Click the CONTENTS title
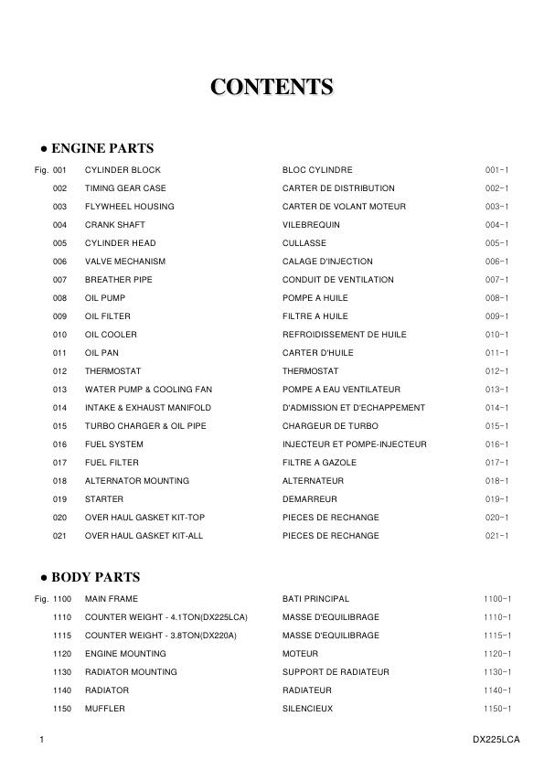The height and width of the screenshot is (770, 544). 272,87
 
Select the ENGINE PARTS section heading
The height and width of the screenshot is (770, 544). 97,148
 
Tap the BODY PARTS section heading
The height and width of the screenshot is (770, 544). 91,577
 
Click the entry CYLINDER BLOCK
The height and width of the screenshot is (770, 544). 123,170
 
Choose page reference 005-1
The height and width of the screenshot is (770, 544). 496,243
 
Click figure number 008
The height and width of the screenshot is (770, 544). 60,298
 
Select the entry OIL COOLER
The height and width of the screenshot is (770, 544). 111,335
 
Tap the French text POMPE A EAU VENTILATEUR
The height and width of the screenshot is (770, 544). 341,390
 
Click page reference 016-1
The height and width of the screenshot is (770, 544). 496,444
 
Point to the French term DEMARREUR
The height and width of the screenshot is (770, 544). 310,499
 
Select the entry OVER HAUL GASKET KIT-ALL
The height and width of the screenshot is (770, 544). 144,536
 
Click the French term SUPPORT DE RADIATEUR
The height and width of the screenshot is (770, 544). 336,672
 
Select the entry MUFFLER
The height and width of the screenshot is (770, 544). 105,709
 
